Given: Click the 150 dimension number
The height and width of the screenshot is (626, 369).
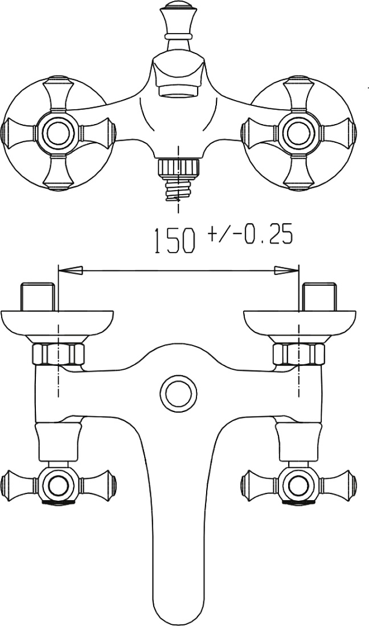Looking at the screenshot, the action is tap(174, 241).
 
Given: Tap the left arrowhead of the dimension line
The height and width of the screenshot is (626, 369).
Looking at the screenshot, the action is tap(71, 270).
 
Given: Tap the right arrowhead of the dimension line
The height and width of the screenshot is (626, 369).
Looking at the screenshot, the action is tap(286, 270).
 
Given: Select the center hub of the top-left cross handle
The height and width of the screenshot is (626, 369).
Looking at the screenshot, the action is tap(58, 133).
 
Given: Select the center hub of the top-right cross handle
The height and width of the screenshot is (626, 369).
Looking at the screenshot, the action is tap(299, 133).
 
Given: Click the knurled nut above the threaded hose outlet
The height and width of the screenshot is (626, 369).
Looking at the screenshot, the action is tap(178, 167).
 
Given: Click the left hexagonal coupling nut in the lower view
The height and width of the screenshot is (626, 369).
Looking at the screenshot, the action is tap(58, 354).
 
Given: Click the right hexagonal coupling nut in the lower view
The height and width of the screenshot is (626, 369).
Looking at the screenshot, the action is tap(299, 354).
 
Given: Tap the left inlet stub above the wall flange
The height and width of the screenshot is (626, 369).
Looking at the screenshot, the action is tap(38, 296).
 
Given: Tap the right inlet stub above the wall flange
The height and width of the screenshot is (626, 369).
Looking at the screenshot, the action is tap(320, 296).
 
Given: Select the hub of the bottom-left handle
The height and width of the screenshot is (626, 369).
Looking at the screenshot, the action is tap(58, 485).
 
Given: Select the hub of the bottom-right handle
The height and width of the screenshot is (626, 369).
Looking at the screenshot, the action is tap(299, 485).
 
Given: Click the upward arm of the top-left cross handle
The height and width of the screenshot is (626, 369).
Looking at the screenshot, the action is tap(58, 94).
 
